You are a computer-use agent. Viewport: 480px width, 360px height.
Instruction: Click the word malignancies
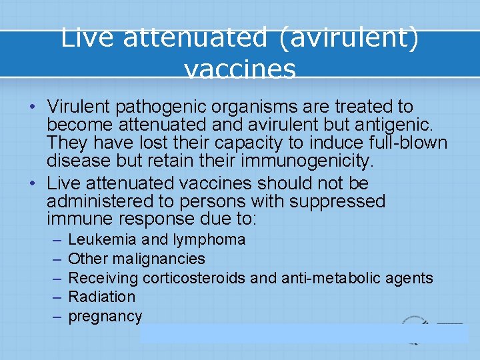pos(159,259)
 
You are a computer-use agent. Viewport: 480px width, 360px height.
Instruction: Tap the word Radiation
pos(102,297)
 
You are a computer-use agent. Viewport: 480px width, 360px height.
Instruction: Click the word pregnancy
pos(105,317)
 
